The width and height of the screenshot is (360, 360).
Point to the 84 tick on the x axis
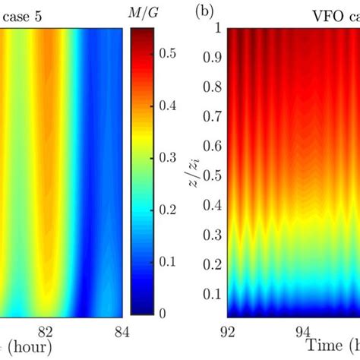coord(122,330)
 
